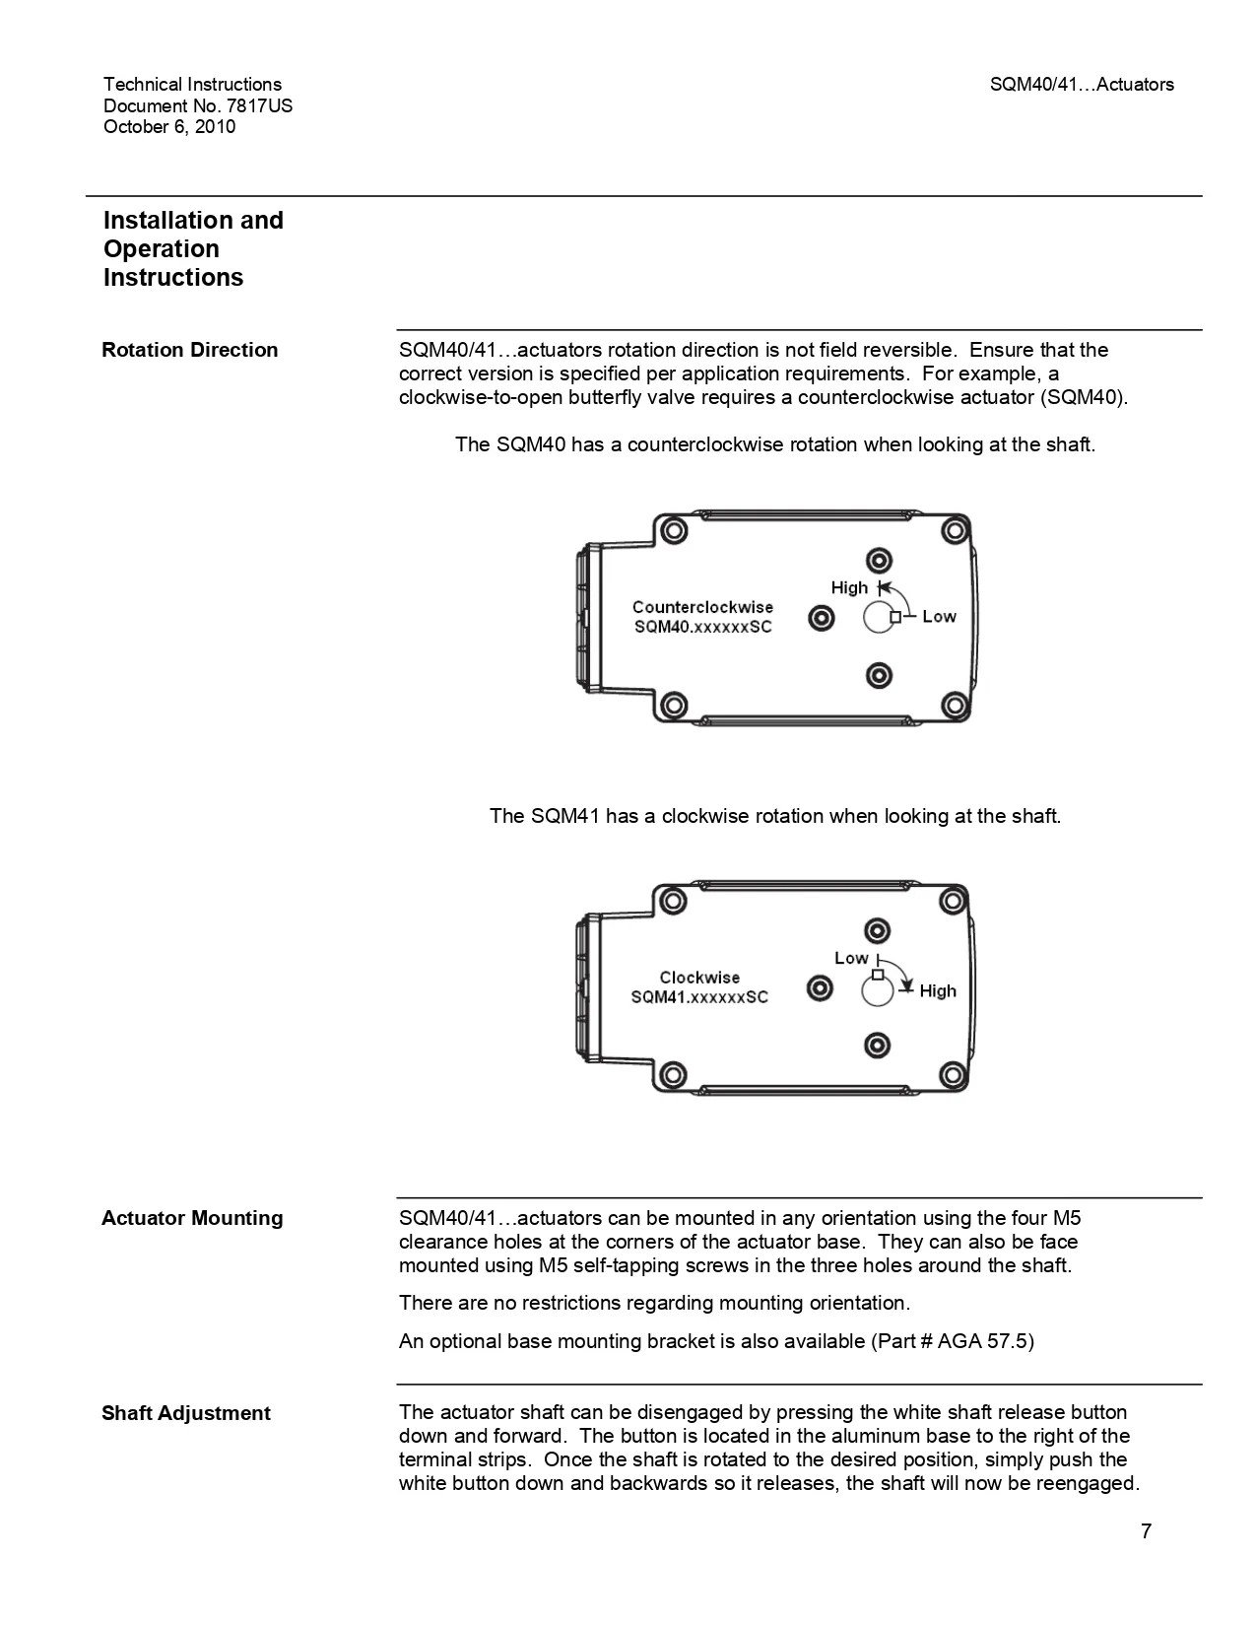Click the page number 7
tap(1146, 1530)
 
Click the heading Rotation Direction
tap(190, 350)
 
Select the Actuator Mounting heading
tap(192, 1218)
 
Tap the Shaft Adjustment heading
tap(186, 1413)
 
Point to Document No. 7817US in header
tap(198, 105)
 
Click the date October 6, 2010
tap(169, 126)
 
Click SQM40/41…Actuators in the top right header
tap(1082, 85)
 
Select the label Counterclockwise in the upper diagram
tap(702, 607)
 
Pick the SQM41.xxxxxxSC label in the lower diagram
tap(699, 997)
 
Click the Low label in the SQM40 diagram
tap(939, 617)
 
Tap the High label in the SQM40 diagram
tap(849, 588)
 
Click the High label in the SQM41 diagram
tap(938, 991)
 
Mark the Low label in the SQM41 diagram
tap(851, 958)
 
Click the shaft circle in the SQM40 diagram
tap(878, 618)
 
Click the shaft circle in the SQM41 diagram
tap(877, 990)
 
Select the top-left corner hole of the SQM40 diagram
tap(673, 530)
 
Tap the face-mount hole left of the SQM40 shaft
tap(821, 619)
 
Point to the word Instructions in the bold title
tap(173, 278)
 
